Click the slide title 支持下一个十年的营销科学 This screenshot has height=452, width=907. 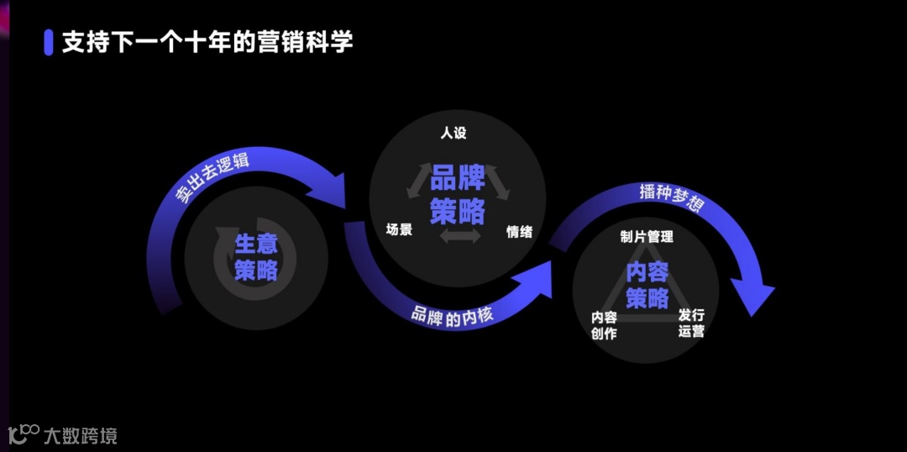[207, 42]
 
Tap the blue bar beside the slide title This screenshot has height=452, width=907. [48, 42]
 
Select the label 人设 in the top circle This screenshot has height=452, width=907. [453, 133]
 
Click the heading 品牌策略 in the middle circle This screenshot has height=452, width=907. [458, 196]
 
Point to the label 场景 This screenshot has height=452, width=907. [399, 229]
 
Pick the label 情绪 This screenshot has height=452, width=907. [519, 232]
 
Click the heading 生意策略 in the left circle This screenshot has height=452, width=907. [256, 257]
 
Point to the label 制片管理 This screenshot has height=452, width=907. [647, 238]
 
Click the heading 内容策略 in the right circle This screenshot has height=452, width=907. [647, 286]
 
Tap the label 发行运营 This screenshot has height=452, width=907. [691, 323]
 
